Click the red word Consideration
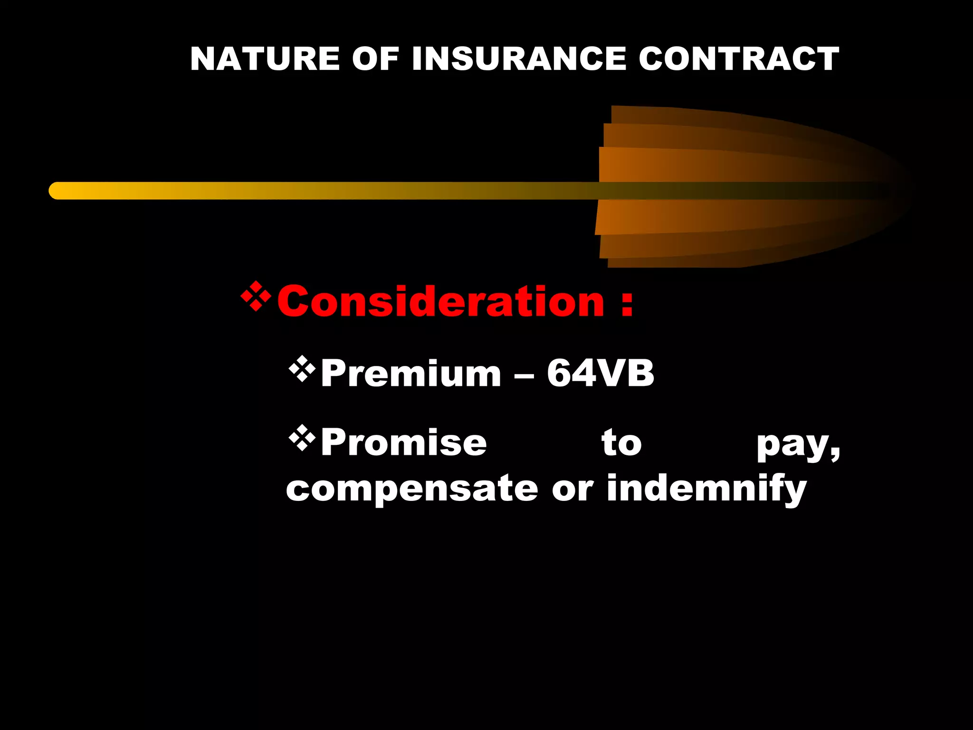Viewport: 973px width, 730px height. click(440, 301)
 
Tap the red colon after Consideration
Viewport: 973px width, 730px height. click(627, 304)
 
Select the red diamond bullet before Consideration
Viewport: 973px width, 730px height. click(256, 297)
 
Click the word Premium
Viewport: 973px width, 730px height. click(411, 374)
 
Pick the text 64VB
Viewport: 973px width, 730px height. click(601, 374)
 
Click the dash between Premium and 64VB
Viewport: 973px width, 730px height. click(524, 375)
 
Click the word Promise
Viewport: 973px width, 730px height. click(404, 443)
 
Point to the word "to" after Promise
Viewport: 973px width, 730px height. click(621, 443)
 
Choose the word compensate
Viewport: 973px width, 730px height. click(412, 490)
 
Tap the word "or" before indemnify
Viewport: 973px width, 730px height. click(572, 490)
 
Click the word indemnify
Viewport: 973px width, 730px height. click(706, 490)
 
